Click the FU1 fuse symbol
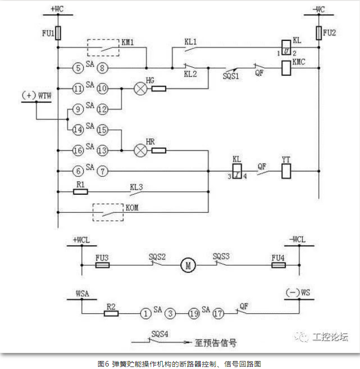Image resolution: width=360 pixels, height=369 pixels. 58,33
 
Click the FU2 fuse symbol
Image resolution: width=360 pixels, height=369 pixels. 318,33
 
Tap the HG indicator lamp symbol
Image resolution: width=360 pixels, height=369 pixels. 139,89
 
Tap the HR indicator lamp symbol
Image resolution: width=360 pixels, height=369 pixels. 139,149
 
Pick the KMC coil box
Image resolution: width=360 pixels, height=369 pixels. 286,66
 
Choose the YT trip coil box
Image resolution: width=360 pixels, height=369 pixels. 286,171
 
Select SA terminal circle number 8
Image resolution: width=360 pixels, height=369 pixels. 103,67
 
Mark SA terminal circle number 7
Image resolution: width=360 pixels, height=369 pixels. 103,171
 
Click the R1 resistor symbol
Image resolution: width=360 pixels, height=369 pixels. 80,191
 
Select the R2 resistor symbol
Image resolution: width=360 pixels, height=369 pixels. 111,314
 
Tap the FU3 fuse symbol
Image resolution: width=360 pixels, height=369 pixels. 102,266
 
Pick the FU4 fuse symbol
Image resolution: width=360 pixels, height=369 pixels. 278,266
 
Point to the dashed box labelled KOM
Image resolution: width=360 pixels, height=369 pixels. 108,212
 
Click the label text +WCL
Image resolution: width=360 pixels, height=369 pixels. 82,240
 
